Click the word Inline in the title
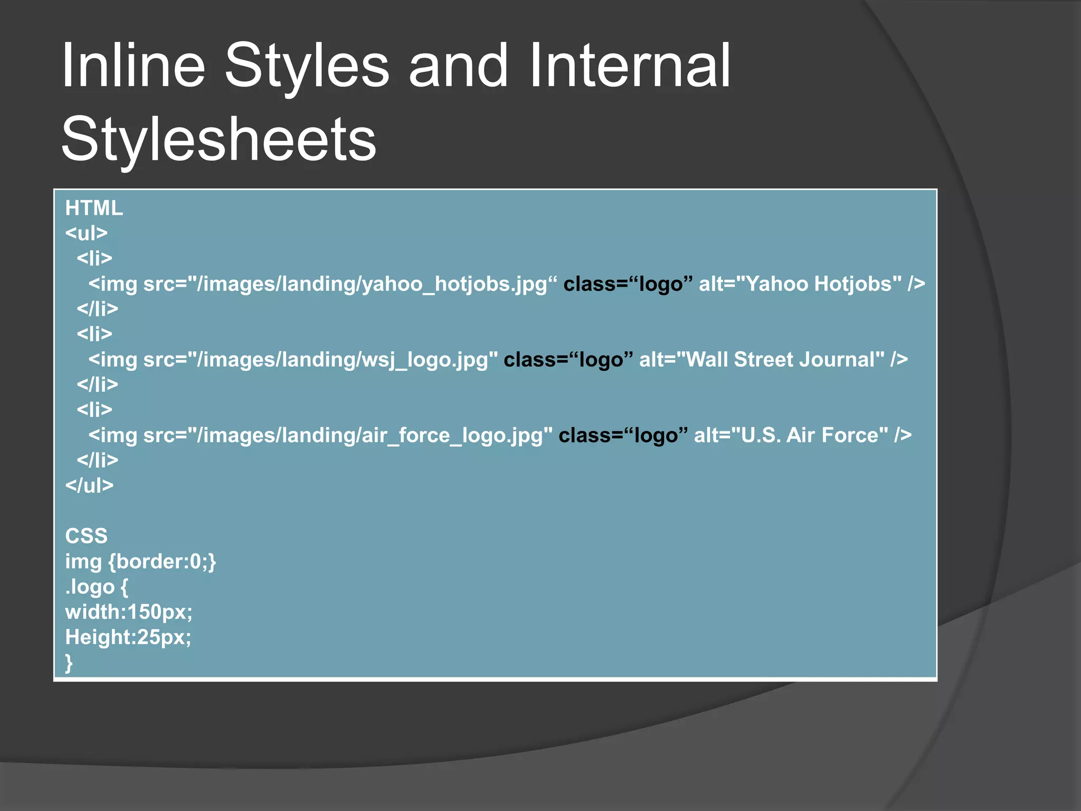(x=133, y=66)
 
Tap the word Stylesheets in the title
(x=219, y=139)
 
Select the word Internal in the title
(x=630, y=66)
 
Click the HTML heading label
(x=94, y=208)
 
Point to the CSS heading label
(x=86, y=536)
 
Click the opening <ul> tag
(x=87, y=233)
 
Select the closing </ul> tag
(x=89, y=485)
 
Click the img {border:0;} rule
(x=140, y=561)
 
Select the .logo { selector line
(x=96, y=587)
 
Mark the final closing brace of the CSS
(x=69, y=663)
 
